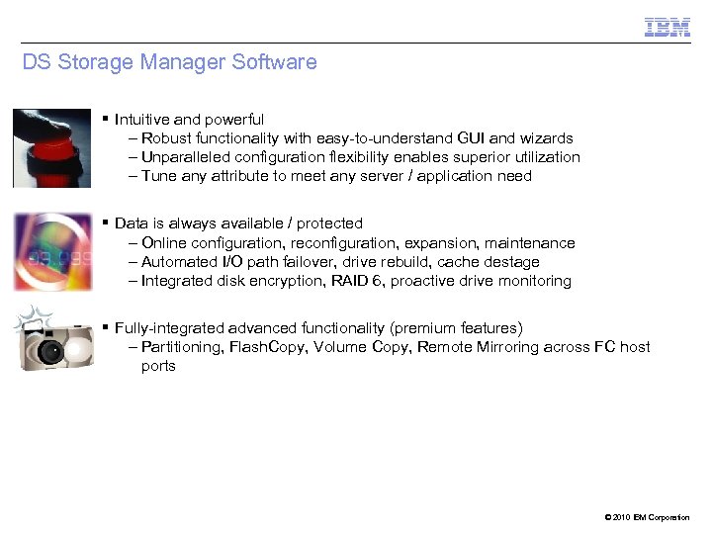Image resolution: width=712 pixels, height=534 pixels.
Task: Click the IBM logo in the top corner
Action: pyautogui.click(x=667, y=28)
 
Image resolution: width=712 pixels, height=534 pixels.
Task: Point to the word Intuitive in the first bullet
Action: pyautogui.click(x=146, y=120)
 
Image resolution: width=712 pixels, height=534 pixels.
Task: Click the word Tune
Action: pyautogui.click(x=158, y=176)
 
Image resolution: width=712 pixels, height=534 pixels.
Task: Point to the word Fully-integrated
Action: pyautogui.click(x=169, y=328)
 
